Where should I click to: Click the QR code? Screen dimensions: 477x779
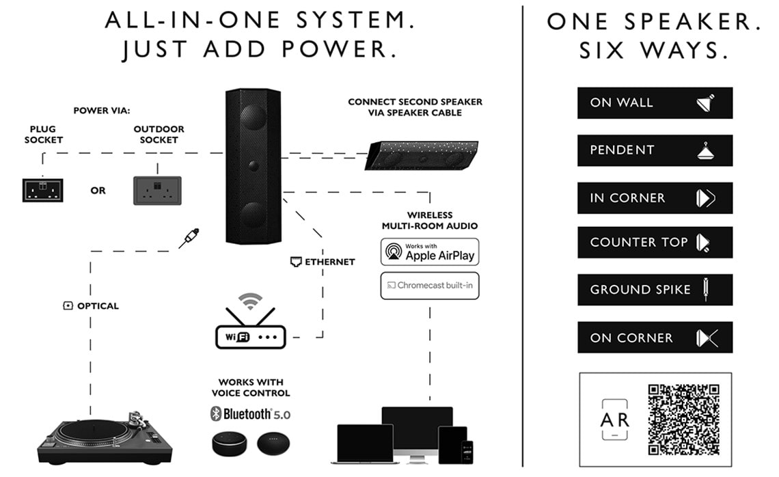coord(683,419)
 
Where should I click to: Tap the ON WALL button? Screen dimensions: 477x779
coord(655,103)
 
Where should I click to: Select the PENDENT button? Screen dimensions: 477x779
coord(655,150)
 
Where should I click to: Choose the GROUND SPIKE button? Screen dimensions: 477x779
coord(655,290)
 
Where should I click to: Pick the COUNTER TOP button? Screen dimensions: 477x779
coord(655,242)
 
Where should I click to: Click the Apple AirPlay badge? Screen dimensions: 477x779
coord(430,251)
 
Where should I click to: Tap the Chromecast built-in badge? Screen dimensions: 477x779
coord(430,285)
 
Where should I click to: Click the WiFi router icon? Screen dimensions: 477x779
coord(250,327)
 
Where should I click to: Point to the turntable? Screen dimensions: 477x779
coord(104,436)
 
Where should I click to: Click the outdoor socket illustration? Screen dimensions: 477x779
coord(157,190)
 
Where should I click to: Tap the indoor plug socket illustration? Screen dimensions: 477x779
coord(42,190)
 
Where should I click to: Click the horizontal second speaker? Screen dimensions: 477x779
coord(422,155)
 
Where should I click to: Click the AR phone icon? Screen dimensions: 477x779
coord(614,419)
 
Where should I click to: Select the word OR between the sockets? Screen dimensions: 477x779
coord(98,191)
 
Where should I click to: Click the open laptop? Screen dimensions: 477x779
coord(366,444)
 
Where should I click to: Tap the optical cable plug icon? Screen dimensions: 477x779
coord(189,238)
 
